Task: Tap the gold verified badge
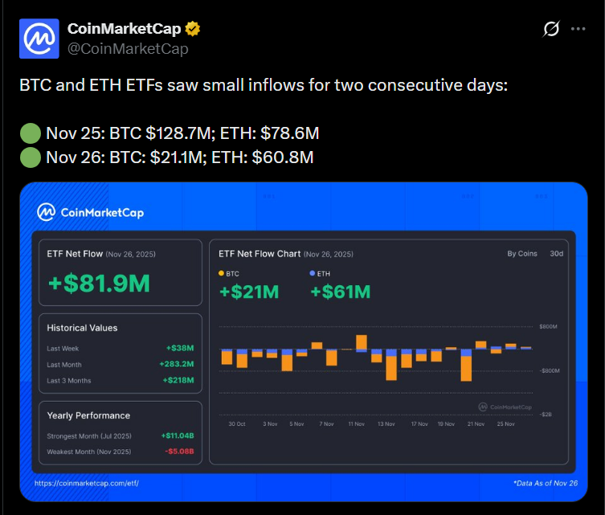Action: [193, 30]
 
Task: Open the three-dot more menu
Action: [578, 29]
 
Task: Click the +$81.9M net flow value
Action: [99, 284]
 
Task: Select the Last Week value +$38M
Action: [180, 349]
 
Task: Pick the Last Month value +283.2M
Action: [177, 364]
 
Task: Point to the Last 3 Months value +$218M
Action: [178, 380]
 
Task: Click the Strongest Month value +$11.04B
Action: [178, 435]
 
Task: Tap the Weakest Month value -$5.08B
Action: [178, 452]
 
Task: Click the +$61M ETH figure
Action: [340, 292]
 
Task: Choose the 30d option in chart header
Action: [556, 254]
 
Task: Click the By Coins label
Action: [522, 254]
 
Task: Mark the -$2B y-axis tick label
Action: [546, 415]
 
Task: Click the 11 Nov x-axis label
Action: [356, 423]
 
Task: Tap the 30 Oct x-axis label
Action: [237, 423]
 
